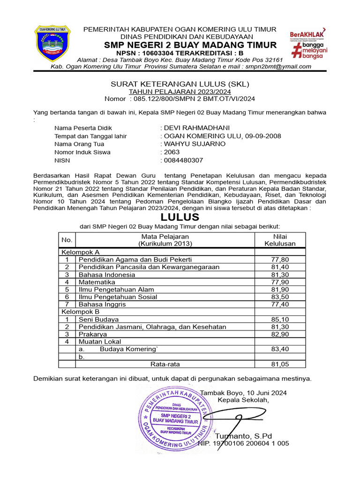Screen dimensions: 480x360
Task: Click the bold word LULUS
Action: [180, 217]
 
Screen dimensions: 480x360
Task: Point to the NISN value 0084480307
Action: [183, 160]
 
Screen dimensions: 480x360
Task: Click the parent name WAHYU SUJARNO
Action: [194, 144]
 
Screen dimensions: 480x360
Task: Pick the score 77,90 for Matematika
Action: [280, 282]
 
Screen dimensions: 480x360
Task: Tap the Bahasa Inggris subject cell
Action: [102, 304]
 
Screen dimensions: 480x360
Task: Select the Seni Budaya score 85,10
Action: [280, 319]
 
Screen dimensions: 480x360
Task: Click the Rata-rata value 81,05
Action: [280, 364]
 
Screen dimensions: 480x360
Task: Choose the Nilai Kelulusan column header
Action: [280, 240]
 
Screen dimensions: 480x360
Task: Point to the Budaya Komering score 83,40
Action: [280, 349]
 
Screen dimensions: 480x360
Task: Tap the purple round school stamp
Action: [175, 413]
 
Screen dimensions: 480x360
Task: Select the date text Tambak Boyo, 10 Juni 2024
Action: [243, 392]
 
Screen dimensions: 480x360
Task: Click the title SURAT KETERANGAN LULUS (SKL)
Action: [180, 84]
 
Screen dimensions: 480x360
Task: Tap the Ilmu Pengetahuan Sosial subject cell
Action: [118, 297]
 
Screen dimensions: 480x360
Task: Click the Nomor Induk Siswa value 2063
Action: [171, 152]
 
